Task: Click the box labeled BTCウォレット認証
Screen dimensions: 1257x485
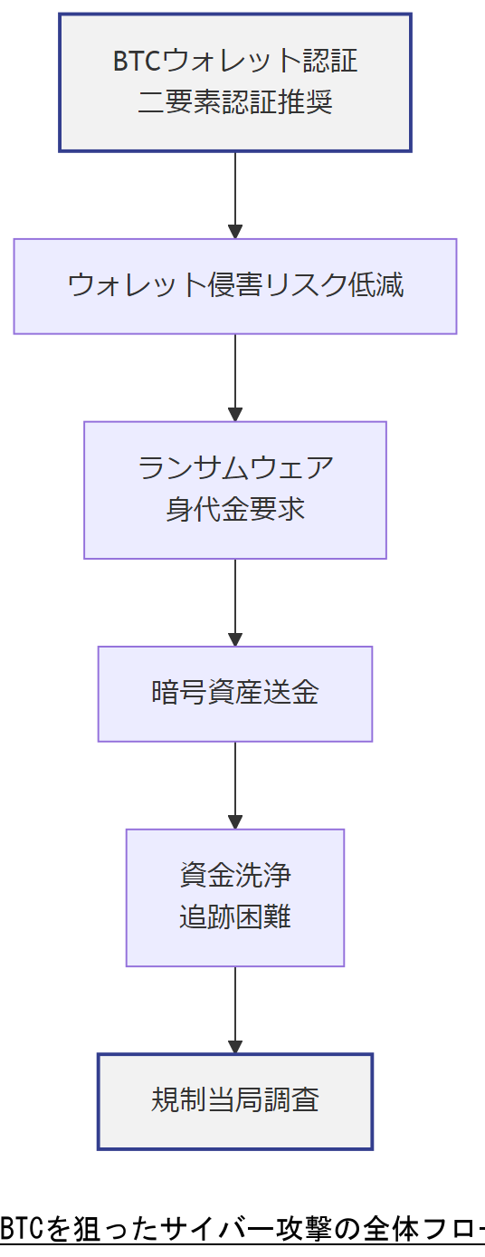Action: coord(235,82)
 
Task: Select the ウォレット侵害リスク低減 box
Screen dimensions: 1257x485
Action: coord(235,286)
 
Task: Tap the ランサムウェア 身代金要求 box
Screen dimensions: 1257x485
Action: coord(235,490)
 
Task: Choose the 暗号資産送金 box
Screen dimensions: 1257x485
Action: coord(235,694)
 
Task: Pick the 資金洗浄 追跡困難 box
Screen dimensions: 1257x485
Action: coord(235,897)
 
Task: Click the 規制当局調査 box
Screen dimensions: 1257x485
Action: coord(235,1101)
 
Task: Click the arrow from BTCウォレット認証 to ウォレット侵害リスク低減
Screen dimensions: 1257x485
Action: coord(235,195)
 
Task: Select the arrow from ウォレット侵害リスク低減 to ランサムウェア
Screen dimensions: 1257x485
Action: coord(235,378)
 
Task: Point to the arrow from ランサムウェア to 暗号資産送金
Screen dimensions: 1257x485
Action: coord(235,602)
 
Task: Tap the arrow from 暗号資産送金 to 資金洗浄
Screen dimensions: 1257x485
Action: coord(235,785)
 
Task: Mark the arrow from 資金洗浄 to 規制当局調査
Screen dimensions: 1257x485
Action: coord(235,1010)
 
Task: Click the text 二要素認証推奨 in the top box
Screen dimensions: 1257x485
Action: coord(235,101)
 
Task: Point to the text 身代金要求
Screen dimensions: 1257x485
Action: coord(235,510)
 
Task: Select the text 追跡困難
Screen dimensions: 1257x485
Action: coord(235,917)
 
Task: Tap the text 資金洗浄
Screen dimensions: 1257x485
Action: coord(235,877)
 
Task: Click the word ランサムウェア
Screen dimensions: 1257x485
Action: coord(235,469)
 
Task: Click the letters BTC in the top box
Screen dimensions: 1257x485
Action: coord(136,62)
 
